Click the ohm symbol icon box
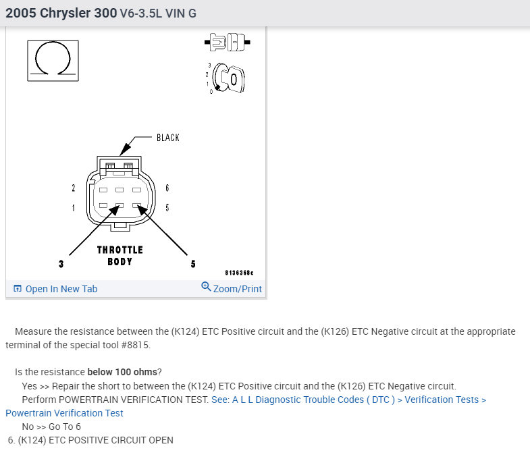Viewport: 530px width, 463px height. click(53, 61)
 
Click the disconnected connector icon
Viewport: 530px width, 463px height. click(227, 43)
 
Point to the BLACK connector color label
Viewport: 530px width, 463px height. click(168, 138)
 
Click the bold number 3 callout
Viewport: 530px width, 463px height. click(61, 264)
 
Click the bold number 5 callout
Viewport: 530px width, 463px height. click(193, 264)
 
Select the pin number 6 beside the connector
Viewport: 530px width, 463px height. click(167, 188)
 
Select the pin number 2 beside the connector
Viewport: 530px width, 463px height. click(74, 188)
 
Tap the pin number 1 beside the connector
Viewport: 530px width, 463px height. click(74, 208)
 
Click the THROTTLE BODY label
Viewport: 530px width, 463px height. click(120, 256)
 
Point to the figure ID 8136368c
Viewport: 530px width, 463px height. click(239, 273)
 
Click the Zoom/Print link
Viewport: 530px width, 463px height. click(237, 289)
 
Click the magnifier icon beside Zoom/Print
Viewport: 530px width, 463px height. click(206, 287)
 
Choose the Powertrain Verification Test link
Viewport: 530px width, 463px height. click(64, 413)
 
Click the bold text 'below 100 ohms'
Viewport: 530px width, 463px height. click(122, 372)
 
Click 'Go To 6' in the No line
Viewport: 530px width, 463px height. click(65, 427)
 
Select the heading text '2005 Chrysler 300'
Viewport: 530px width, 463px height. click(61, 13)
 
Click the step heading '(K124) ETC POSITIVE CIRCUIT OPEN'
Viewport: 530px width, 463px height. click(95, 440)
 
